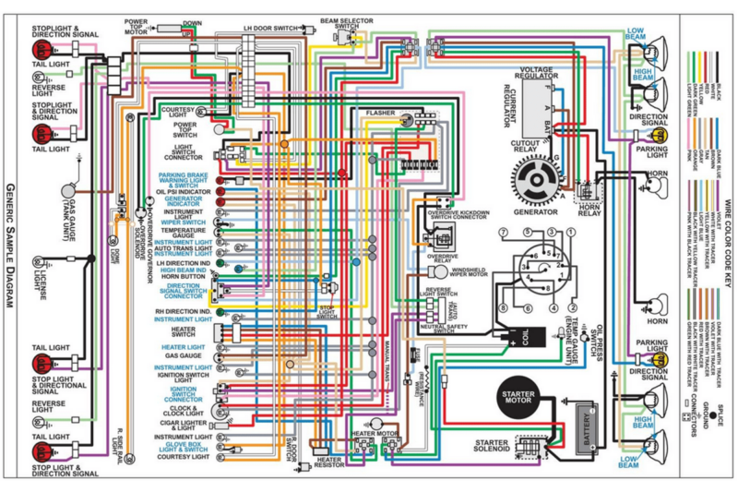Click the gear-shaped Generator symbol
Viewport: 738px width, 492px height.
click(536, 177)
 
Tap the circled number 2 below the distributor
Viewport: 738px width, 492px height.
click(573, 307)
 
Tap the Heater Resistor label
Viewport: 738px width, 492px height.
click(328, 462)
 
